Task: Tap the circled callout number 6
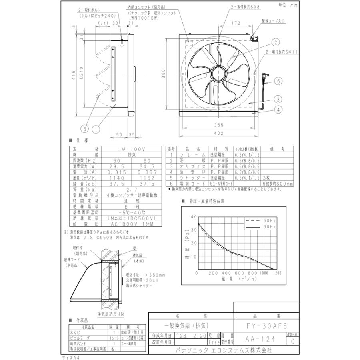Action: pyautogui.click(x=279, y=81)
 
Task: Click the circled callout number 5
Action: pyautogui.click(x=84, y=129)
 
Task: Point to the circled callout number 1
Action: pyautogui.click(x=96, y=129)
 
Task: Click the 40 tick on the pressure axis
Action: pyautogui.click(x=194, y=216)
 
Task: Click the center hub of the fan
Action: pyautogui.click(x=218, y=75)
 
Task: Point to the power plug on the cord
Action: pyautogui.click(x=264, y=75)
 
